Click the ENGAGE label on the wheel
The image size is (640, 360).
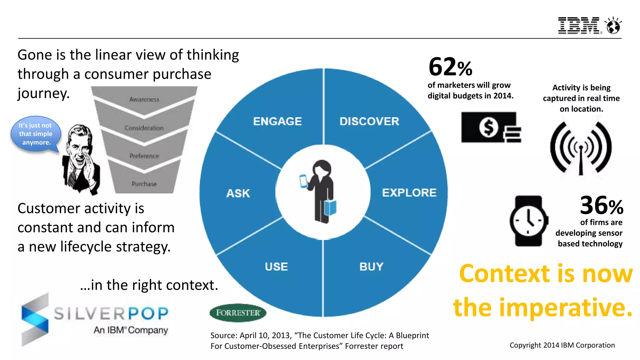pos(277,121)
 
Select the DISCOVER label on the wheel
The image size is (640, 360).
pos(369,121)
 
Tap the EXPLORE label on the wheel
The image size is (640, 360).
pos(409,192)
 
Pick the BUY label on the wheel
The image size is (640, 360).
pos(371,267)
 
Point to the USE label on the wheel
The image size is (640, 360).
pos(276,267)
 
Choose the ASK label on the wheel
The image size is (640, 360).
pos(238,193)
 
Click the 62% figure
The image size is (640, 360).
pos(450,67)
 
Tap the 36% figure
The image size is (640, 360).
pos(601,206)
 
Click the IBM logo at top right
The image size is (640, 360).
pos(578,26)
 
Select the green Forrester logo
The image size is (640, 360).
pos(238,312)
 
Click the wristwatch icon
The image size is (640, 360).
pos(528,221)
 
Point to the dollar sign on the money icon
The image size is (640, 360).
pos(489,127)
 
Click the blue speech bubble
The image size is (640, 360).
pos(35,134)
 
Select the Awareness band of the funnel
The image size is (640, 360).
pos(144,99)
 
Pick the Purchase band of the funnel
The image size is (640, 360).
pos(144,184)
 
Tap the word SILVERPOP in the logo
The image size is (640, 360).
pos(111,313)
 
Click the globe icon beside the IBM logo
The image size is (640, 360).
pos(613,26)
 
